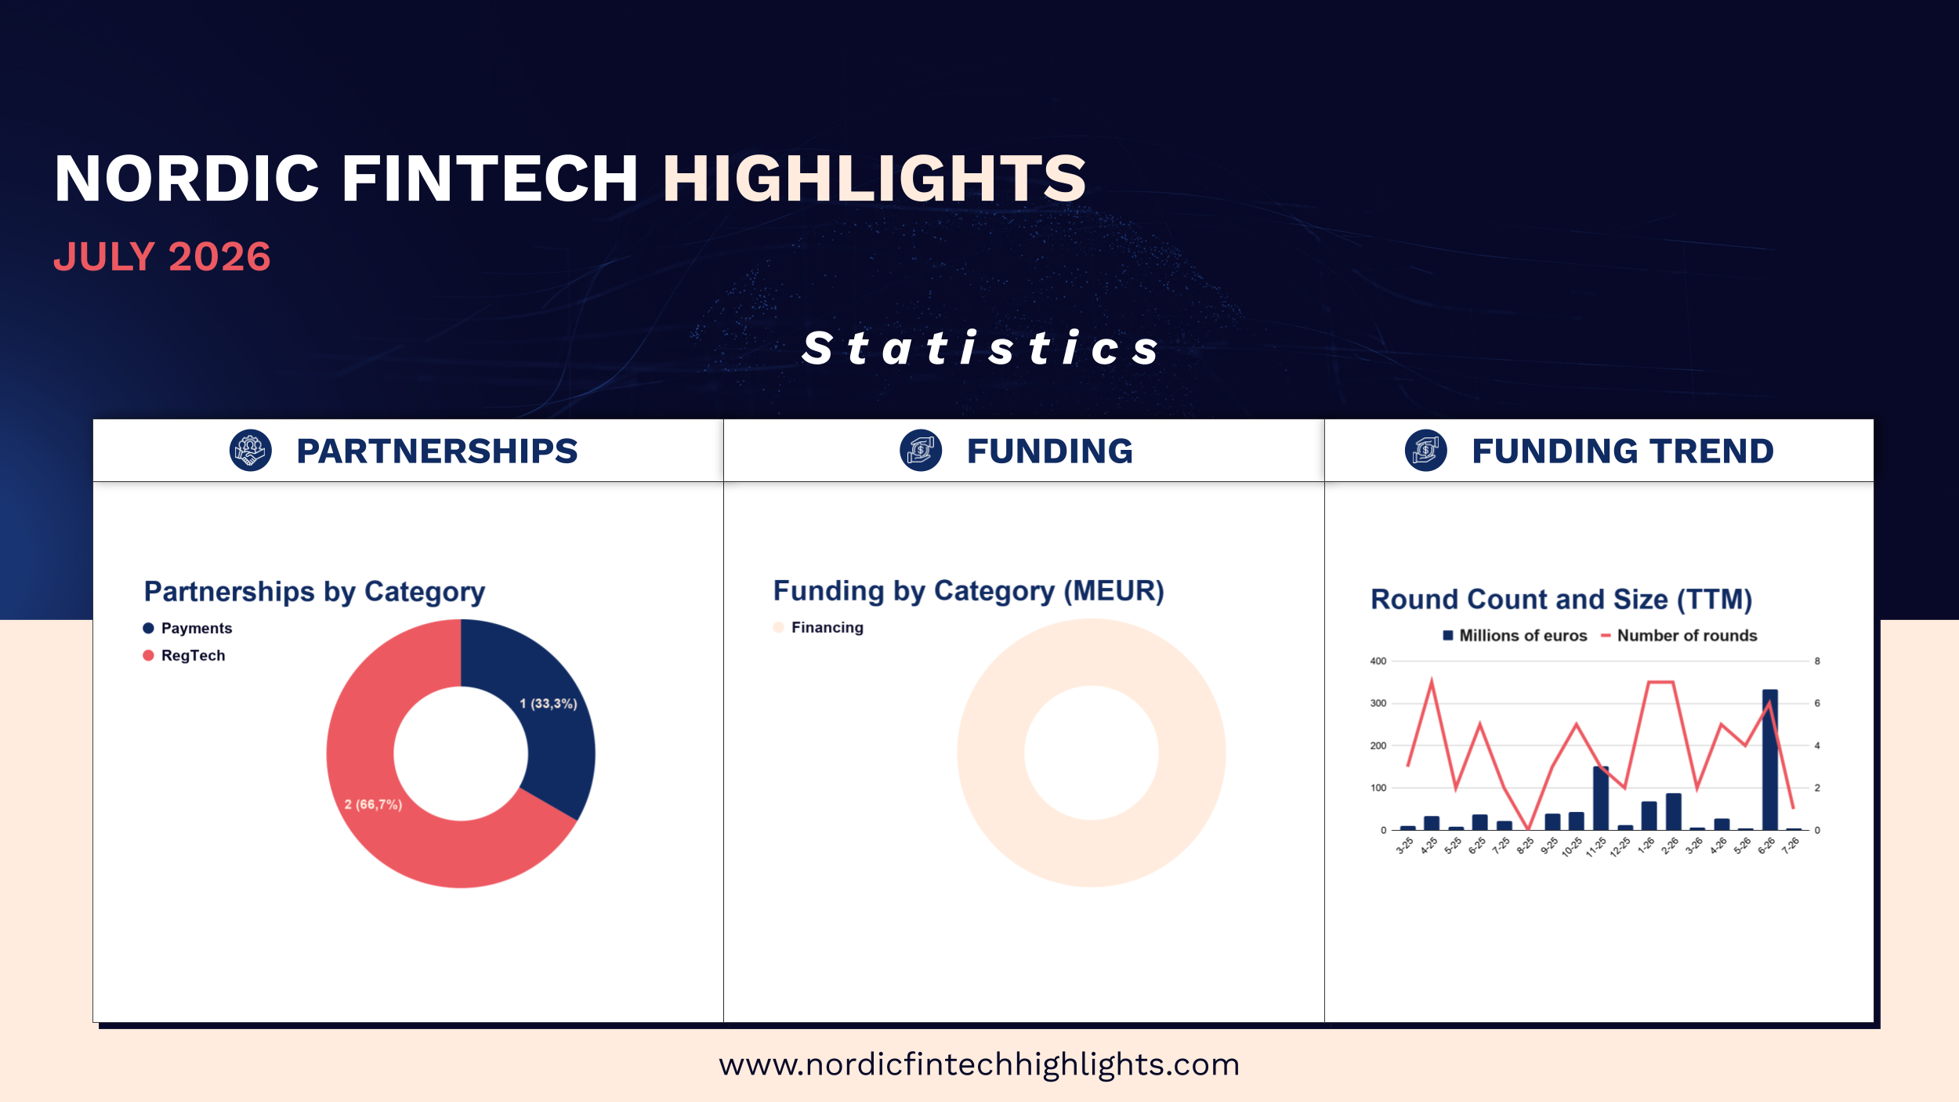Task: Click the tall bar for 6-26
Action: [x=1769, y=759]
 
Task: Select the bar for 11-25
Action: [x=1601, y=798]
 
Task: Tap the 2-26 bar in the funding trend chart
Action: [x=1673, y=811]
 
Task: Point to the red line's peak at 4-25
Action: [x=1432, y=681]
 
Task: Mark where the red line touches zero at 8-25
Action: [x=1528, y=828]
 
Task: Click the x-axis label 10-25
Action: [x=1571, y=847]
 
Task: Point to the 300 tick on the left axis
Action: [x=1378, y=703]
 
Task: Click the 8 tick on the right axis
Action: [x=1817, y=661]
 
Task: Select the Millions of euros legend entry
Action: [x=1515, y=636]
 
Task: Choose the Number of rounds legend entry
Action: [x=1678, y=636]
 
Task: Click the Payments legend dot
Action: [x=148, y=628]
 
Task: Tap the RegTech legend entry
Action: [x=184, y=655]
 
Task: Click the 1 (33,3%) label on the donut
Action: [x=549, y=704]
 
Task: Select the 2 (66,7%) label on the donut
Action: [x=373, y=804]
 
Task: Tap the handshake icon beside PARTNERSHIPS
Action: [x=251, y=451]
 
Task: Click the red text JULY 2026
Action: [x=162, y=257]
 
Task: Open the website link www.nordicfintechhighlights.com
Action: [x=979, y=1064]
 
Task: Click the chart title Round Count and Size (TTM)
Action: [x=1561, y=600]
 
